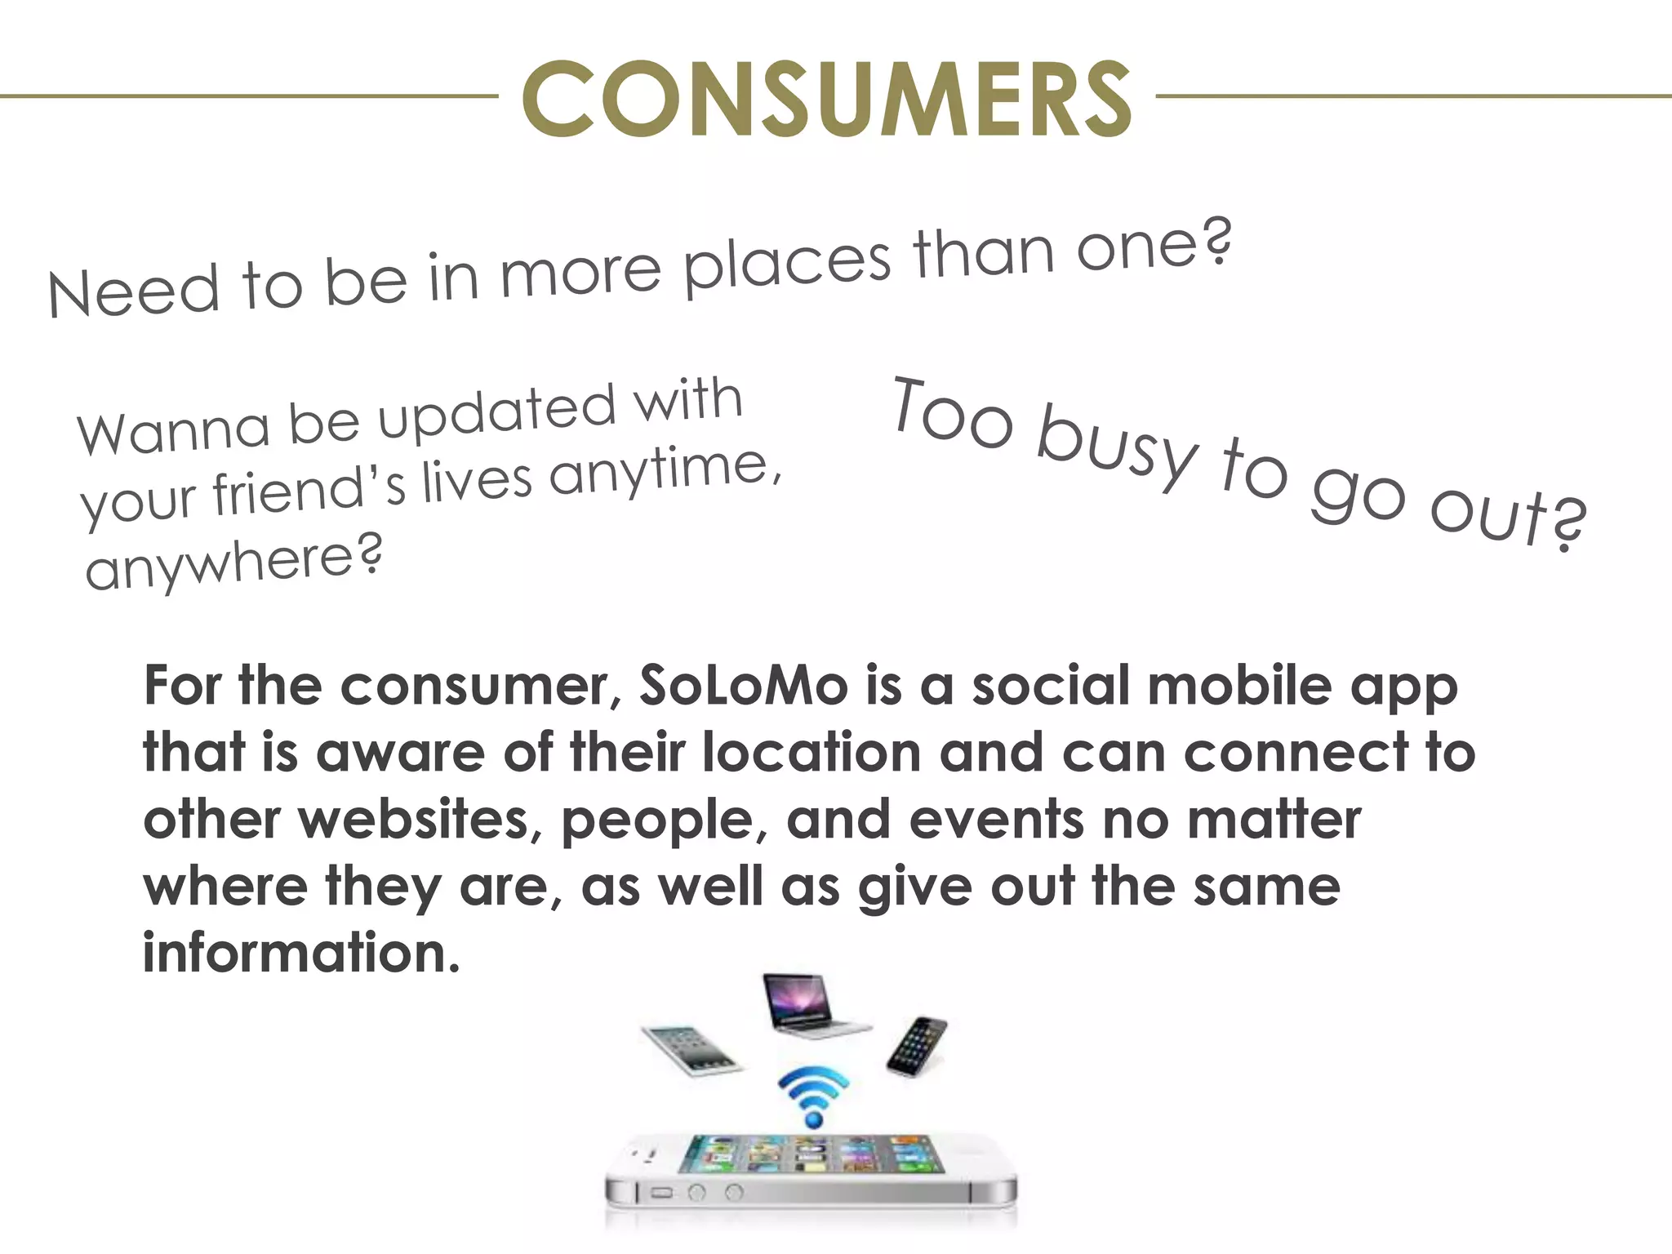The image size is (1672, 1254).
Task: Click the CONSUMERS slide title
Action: [826, 100]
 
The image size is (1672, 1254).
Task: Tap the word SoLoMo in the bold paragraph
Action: [744, 686]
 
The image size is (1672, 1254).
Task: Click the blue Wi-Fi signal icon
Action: [813, 1094]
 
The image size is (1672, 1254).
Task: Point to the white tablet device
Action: [692, 1050]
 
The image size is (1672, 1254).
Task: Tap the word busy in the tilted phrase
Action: [1117, 446]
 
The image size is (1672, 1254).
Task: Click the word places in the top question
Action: [786, 263]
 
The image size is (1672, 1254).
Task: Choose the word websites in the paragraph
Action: [415, 820]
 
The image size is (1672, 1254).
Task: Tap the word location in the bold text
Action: [812, 753]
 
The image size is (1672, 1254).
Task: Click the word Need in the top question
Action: [133, 291]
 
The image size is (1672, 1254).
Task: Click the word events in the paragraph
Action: [996, 820]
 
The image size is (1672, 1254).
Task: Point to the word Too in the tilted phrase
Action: [952, 413]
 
